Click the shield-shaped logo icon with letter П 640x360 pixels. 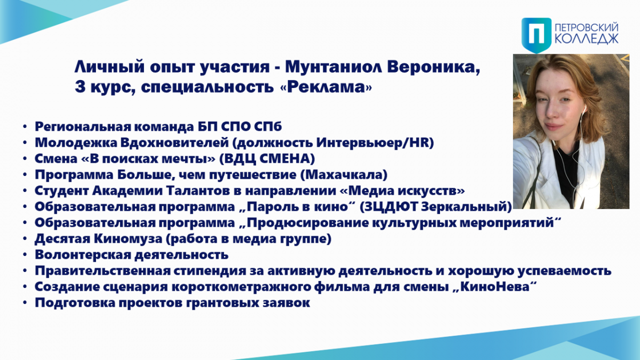(x=537, y=35)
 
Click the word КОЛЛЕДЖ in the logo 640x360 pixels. (x=587, y=38)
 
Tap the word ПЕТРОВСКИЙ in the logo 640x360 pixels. (x=587, y=27)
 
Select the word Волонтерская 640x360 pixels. (x=83, y=254)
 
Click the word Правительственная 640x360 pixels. (x=102, y=270)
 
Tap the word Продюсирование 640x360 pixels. (x=308, y=222)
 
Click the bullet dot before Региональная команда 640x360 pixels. (x=25, y=126)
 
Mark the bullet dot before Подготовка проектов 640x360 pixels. (x=25, y=302)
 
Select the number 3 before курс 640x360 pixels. (x=81, y=86)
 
